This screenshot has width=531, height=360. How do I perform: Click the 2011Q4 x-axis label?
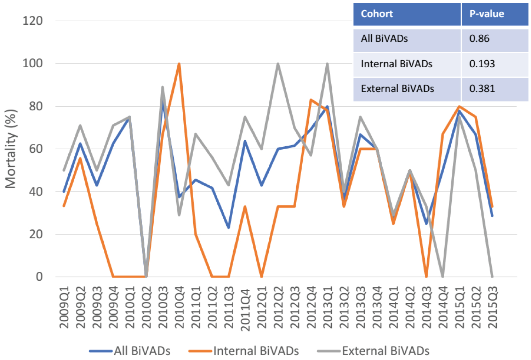click(245, 309)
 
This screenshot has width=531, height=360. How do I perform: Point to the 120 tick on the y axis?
click(33, 21)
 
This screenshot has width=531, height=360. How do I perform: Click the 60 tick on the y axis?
click(36, 149)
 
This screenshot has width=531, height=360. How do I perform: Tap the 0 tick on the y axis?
click(39, 277)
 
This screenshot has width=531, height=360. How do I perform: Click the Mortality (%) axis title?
click(11, 149)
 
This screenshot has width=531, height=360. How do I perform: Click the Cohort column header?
click(377, 14)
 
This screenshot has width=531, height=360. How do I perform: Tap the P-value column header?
click(486, 14)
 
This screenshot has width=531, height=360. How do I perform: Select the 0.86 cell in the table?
click(479, 39)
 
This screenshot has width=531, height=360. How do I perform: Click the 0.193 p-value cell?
click(482, 64)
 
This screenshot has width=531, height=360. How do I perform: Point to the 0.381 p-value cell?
click(482, 89)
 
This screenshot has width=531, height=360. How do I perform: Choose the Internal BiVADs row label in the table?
click(396, 64)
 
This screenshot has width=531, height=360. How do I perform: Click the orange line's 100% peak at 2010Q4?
click(179, 64)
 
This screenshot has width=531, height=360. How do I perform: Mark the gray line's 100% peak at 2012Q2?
click(278, 64)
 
